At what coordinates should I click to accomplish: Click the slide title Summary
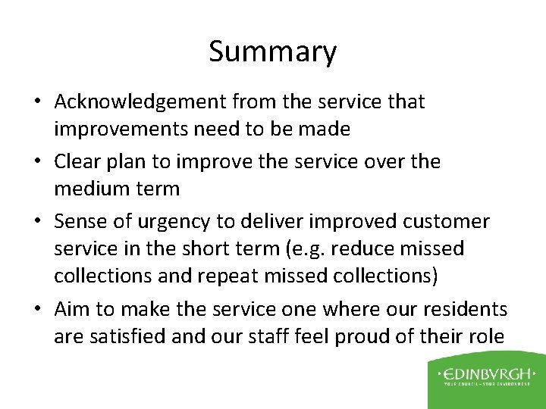[272, 52]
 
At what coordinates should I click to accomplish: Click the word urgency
[180, 222]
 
